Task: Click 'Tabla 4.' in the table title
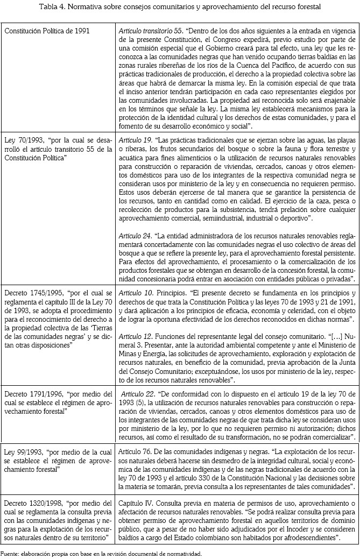(x=53, y=6)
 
